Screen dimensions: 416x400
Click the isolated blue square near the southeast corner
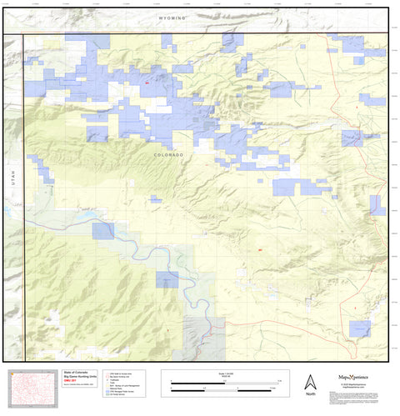point(360,329)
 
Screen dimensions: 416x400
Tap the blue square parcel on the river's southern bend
point(167,279)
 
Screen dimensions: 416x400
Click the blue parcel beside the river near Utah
point(103,231)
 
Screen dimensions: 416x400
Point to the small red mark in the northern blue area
point(147,83)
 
